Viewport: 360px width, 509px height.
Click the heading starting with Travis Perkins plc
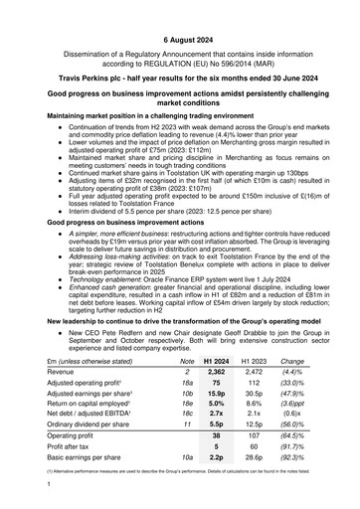(x=180, y=76)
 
